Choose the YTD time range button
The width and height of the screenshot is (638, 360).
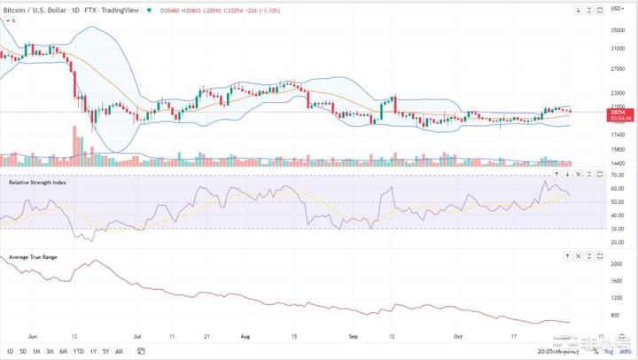tap(78, 351)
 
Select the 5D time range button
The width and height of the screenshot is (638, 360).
tap(21, 351)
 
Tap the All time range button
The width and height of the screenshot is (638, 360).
tap(119, 351)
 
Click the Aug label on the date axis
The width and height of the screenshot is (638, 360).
tap(245, 337)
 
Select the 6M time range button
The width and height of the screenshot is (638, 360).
tap(63, 351)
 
